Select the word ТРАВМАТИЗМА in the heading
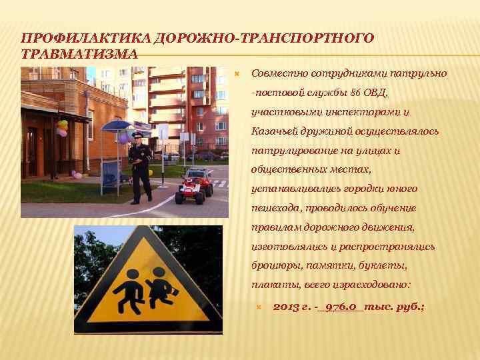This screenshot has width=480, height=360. pos(80,53)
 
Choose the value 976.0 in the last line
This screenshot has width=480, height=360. pos(343,306)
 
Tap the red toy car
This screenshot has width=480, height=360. pos(193,187)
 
